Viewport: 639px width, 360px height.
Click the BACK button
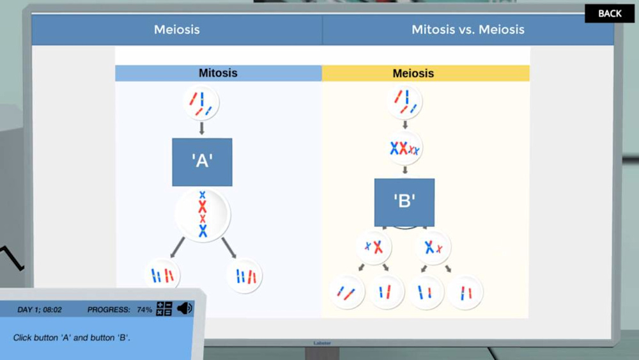point(610,13)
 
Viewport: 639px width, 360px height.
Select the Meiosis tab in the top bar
point(177,29)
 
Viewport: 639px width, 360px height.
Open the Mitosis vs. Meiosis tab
point(468,29)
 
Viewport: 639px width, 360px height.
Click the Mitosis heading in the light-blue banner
point(218,73)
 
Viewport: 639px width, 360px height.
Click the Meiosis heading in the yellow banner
point(413,74)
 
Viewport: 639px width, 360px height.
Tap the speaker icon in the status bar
point(184,309)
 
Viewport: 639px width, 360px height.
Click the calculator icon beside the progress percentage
point(164,309)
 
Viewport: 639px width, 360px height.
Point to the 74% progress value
point(144,309)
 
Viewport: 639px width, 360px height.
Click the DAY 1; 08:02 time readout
point(40,309)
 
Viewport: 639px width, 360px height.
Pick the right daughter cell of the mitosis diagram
point(245,276)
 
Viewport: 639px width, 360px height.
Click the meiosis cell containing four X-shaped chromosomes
point(404,148)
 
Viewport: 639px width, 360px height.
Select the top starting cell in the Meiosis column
point(404,101)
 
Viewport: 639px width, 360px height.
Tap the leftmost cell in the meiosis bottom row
point(347,292)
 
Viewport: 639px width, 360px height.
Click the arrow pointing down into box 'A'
point(202,129)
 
